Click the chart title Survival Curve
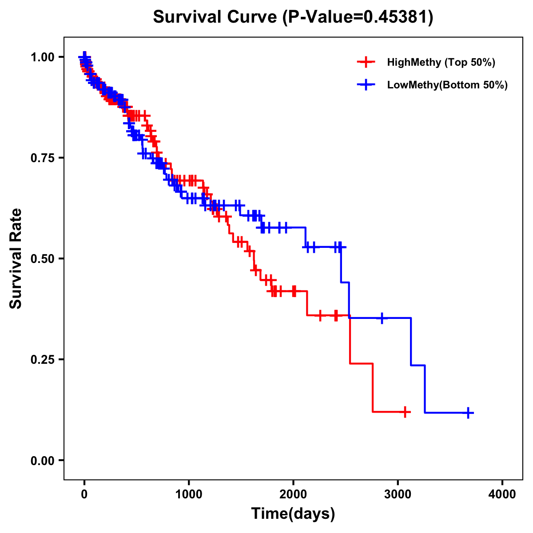pyautogui.click(x=216, y=17)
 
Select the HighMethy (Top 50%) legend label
pyautogui.click(x=441, y=62)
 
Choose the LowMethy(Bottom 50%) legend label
pyautogui.click(x=447, y=85)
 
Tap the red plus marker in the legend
pyautogui.click(x=366, y=62)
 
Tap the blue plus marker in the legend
pyautogui.click(x=366, y=85)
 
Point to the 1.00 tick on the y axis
pyautogui.click(x=42, y=57)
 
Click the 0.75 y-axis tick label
pyautogui.click(x=42, y=158)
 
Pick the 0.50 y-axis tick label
pyautogui.click(x=42, y=259)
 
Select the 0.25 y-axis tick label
pyautogui.click(x=42, y=360)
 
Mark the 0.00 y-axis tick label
pyautogui.click(x=42, y=461)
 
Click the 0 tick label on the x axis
pyautogui.click(x=84, y=494)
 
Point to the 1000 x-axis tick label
pyautogui.click(x=189, y=494)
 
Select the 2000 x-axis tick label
pyautogui.click(x=293, y=494)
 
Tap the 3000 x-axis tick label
pyautogui.click(x=398, y=494)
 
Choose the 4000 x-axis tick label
pyautogui.click(x=502, y=494)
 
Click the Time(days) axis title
pyautogui.click(x=293, y=514)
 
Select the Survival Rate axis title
pyautogui.click(x=16, y=259)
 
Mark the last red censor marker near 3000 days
pyautogui.click(x=405, y=412)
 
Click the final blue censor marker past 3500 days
pyautogui.click(x=468, y=413)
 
